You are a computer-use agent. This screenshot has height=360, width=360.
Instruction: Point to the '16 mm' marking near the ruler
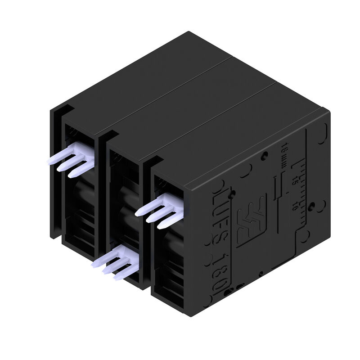[285, 155]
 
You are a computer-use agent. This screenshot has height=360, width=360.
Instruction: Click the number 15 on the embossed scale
[295, 180]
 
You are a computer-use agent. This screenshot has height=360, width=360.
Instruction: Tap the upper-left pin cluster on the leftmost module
[72, 157]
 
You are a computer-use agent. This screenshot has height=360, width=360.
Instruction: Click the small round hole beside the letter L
[232, 194]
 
